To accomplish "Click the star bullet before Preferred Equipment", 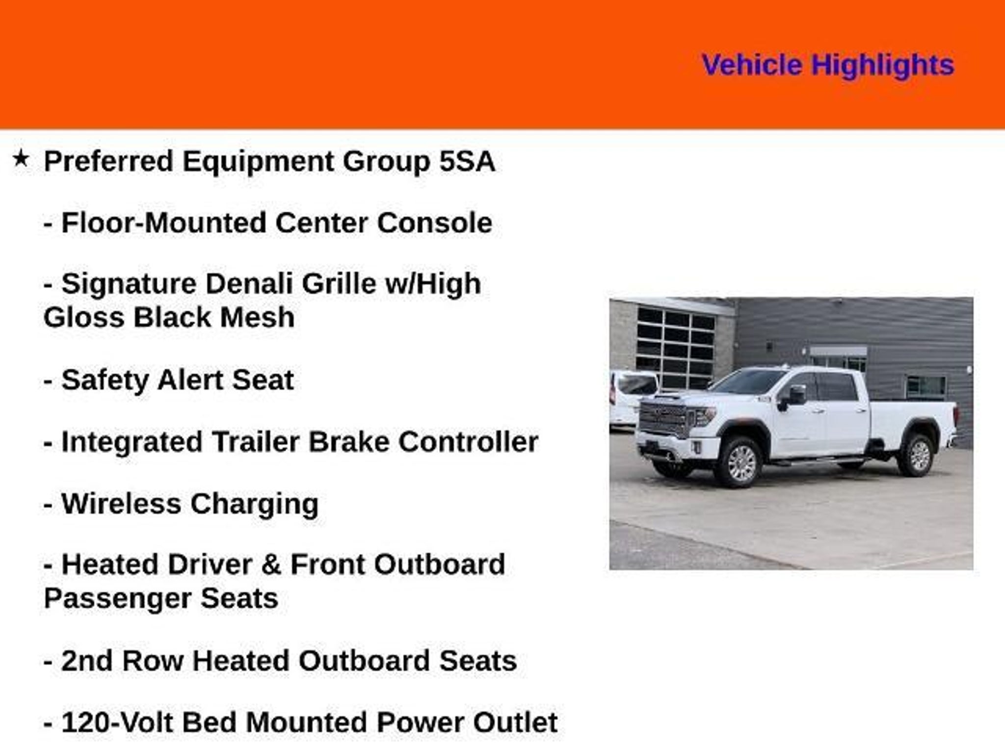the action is click(x=21, y=159).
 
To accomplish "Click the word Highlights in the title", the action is click(x=882, y=65).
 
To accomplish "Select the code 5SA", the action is click(x=467, y=161).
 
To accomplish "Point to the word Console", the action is click(x=434, y=223).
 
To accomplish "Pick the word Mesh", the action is click(x=257, y=317).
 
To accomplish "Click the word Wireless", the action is click(x=121, y=504).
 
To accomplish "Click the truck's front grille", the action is click(x=662, y=418).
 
